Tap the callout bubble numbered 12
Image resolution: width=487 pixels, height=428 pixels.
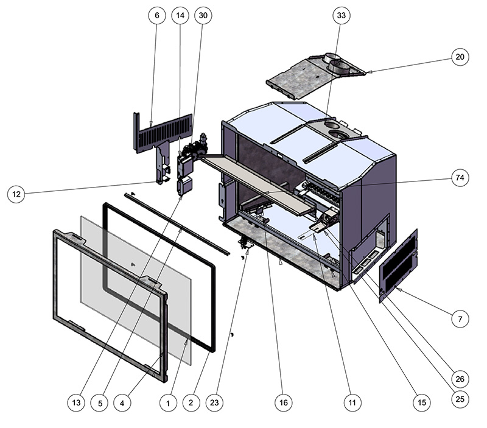coord(16,194)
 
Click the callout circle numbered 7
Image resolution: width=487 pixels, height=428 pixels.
coord(460,318)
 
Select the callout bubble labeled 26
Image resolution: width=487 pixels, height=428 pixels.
coord(460,379)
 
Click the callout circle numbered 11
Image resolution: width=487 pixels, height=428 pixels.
coord(352,402)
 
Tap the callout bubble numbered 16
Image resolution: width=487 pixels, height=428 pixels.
coord(284,402)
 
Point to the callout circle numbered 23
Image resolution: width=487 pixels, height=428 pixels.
coord(215,402)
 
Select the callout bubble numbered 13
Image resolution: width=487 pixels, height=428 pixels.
coord(76,402)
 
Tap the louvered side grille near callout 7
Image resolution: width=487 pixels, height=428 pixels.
coord(399,265)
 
